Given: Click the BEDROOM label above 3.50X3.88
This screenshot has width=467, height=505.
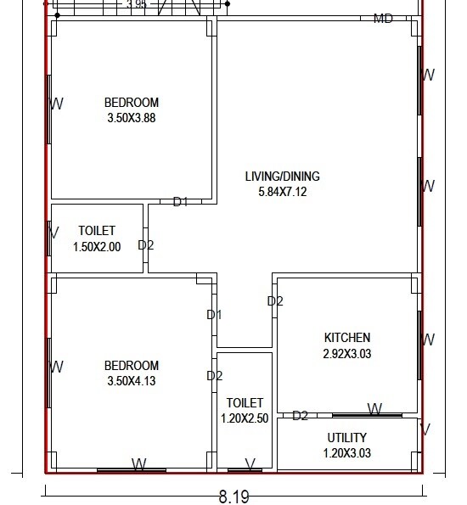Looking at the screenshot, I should [131, 103].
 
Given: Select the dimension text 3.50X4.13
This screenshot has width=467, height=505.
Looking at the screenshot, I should [131, 381].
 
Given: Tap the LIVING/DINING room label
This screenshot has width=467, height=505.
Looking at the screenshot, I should [282, 177].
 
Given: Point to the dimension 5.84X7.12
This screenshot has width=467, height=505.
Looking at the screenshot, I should [282, 192].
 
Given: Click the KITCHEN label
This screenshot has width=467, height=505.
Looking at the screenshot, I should [347, 337].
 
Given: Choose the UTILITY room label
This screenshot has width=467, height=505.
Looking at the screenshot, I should [347, 438].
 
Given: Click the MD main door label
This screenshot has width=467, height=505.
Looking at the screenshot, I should [383, 19].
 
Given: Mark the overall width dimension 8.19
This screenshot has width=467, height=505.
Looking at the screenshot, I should [233, 495].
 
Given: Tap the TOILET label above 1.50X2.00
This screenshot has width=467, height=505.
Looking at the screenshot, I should [97, 231].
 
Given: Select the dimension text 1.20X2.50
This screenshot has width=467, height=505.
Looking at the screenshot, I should [245, 418].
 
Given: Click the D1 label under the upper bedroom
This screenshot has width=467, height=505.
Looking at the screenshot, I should [180, 202].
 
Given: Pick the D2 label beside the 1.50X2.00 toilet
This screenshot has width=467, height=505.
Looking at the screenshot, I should [146, 245].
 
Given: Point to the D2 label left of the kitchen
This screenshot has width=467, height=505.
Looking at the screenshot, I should [275, 300].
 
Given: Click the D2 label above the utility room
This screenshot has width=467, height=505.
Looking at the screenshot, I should [300, 415].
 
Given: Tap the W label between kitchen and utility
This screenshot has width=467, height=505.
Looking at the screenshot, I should [373, 410].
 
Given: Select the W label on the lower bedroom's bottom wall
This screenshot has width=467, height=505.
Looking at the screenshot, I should [138, 464].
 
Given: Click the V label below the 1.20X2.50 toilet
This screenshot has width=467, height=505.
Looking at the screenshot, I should [250, 464].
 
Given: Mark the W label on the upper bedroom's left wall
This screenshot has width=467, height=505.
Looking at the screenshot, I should [58, 104].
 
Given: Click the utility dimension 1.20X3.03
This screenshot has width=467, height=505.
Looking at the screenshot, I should [347, 453].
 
